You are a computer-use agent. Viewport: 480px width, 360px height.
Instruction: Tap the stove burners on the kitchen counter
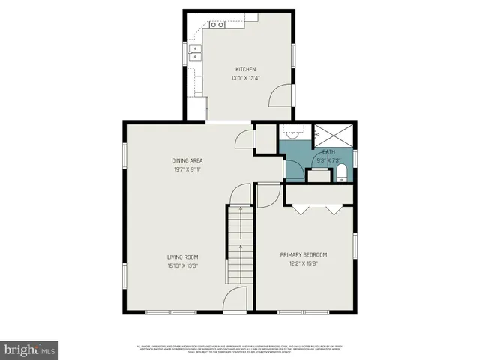point(217,25)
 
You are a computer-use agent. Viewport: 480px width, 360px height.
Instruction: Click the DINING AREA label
point(187,160)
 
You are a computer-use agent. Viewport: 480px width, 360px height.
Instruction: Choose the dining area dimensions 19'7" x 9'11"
point(187,169)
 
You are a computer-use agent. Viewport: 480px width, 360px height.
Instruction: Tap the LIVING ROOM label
point(182,257)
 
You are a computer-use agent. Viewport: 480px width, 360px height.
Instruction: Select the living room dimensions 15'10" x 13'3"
point(182,266)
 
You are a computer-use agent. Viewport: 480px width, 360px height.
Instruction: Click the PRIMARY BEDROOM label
point(304,254)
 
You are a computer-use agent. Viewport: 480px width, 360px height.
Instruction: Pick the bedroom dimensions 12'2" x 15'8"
point(304,263)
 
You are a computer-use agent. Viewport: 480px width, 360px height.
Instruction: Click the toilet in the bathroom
point(342,174)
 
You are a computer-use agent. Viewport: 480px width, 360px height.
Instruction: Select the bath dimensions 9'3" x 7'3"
point(329,159)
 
